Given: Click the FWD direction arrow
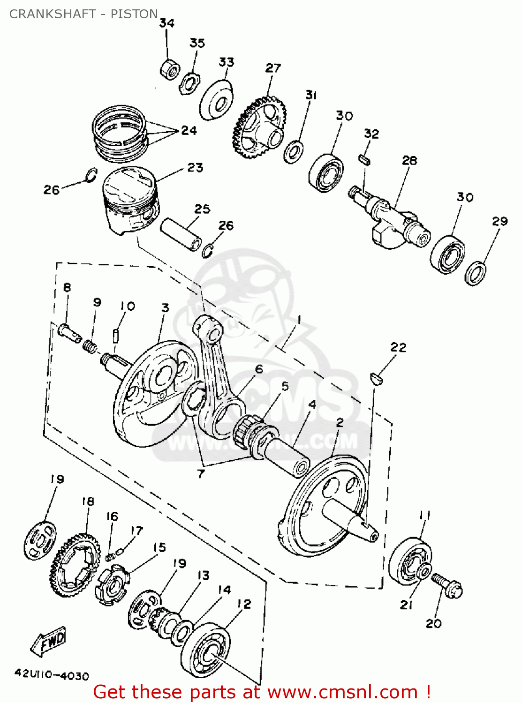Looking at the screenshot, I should [x=49, y=641].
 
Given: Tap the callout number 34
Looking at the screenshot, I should [x=166, y=23].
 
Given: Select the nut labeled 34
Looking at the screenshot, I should [x=169, y=69].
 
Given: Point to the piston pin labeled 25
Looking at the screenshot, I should [x=181, y=233].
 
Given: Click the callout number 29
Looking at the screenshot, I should [x=499, y=221].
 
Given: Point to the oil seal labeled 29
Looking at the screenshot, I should [x=475, y=273].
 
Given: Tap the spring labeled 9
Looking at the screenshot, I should [x=90, y=347].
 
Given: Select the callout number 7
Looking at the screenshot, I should [x=201, y=474].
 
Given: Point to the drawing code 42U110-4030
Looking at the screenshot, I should [x=52, y=675].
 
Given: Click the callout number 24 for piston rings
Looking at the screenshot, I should [x=189, y=130].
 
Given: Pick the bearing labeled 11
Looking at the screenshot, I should [x=410, y=561].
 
